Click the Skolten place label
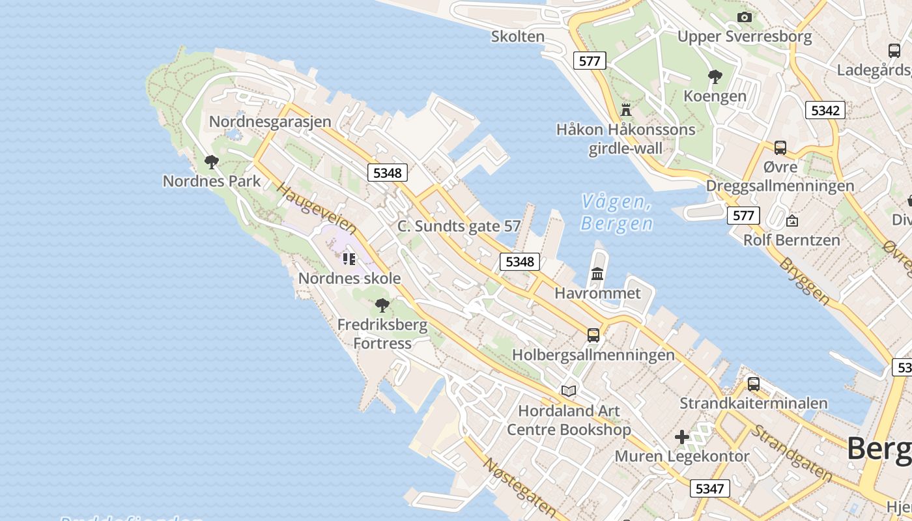(x=518, y=36)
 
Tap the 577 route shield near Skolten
(x=590, y=61)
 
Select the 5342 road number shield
(x=825, y=110)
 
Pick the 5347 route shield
(x=709, y=488)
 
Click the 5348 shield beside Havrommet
(x=520, y=262)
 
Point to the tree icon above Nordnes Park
(x=211, y=162)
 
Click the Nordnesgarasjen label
(x=270, y=122)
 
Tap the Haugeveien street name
(x=317, y=208)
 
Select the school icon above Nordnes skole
(x=349, y=259)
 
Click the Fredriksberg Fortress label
(x=382, y=333)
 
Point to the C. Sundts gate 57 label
(x=459, y=226)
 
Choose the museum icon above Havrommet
(x=597, y=274)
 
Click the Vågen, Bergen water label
(x=616, y=212)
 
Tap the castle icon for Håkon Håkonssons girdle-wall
(x=626, y=109)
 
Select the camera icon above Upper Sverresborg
(x=744, y=17)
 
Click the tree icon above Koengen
(x=715, y=77)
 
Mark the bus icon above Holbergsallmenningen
(x=593, y=335)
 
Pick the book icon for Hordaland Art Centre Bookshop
(x=569, y=391)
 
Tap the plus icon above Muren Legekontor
(x=682, y=437)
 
